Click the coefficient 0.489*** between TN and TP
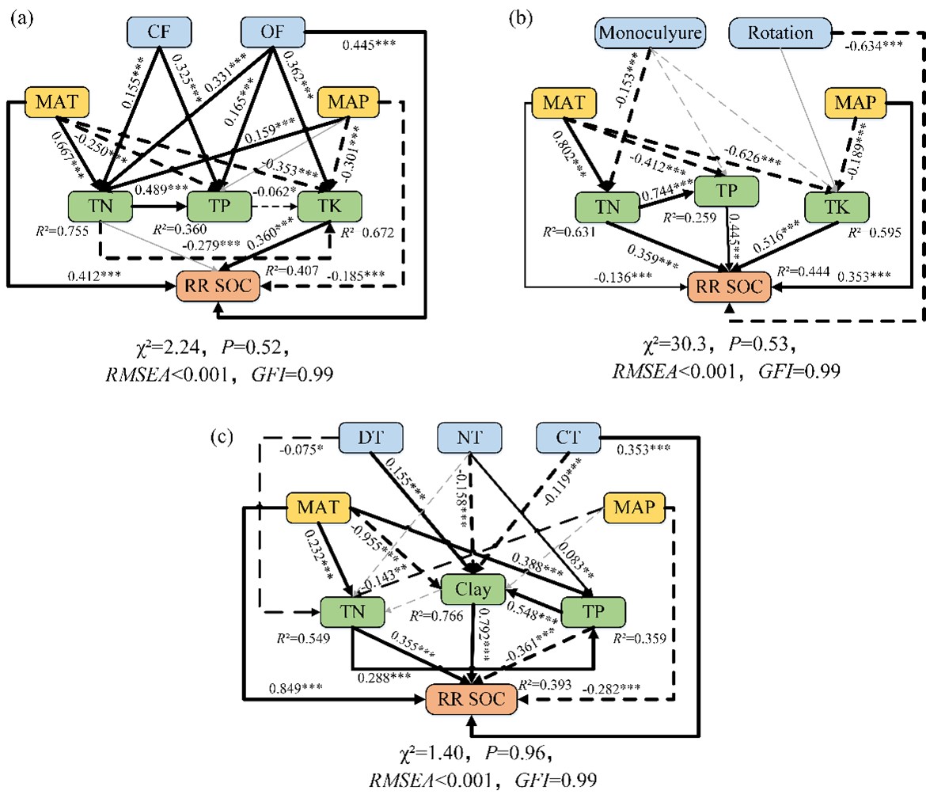(161, 189)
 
